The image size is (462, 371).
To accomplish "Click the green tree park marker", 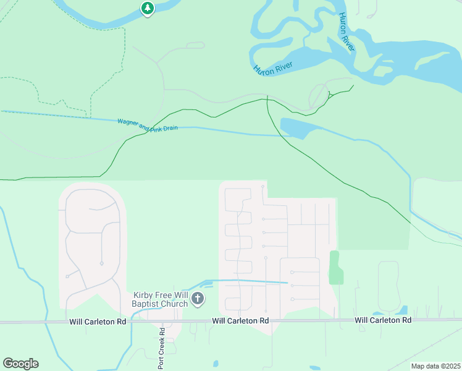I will (x=147, y=9).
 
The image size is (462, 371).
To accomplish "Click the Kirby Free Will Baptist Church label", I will (x=160, y=299).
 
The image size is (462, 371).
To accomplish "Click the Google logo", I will (x=20, y=364).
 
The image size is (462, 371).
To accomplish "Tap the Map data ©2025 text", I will (x=435, y=366).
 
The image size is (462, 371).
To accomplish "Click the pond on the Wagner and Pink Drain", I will (x=294, y=127).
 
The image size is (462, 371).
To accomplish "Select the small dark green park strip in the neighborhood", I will (x=335, y=268).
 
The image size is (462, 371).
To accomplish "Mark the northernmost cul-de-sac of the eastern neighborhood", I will (x=263, y=186).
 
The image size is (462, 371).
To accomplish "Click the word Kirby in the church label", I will (x=143, y=295).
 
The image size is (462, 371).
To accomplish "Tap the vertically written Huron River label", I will (x=345, y=31).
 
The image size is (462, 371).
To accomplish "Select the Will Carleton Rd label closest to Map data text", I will (x=383, y=320).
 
